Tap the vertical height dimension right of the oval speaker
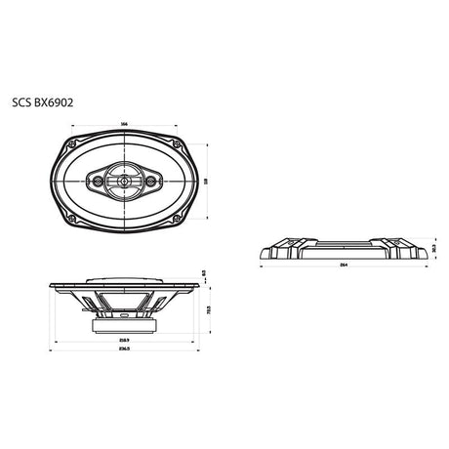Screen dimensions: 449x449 [x=211, y=180]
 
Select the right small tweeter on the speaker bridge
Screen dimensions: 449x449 [x=150, y=179]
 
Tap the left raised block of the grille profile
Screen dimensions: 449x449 [x=290, y=241]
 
